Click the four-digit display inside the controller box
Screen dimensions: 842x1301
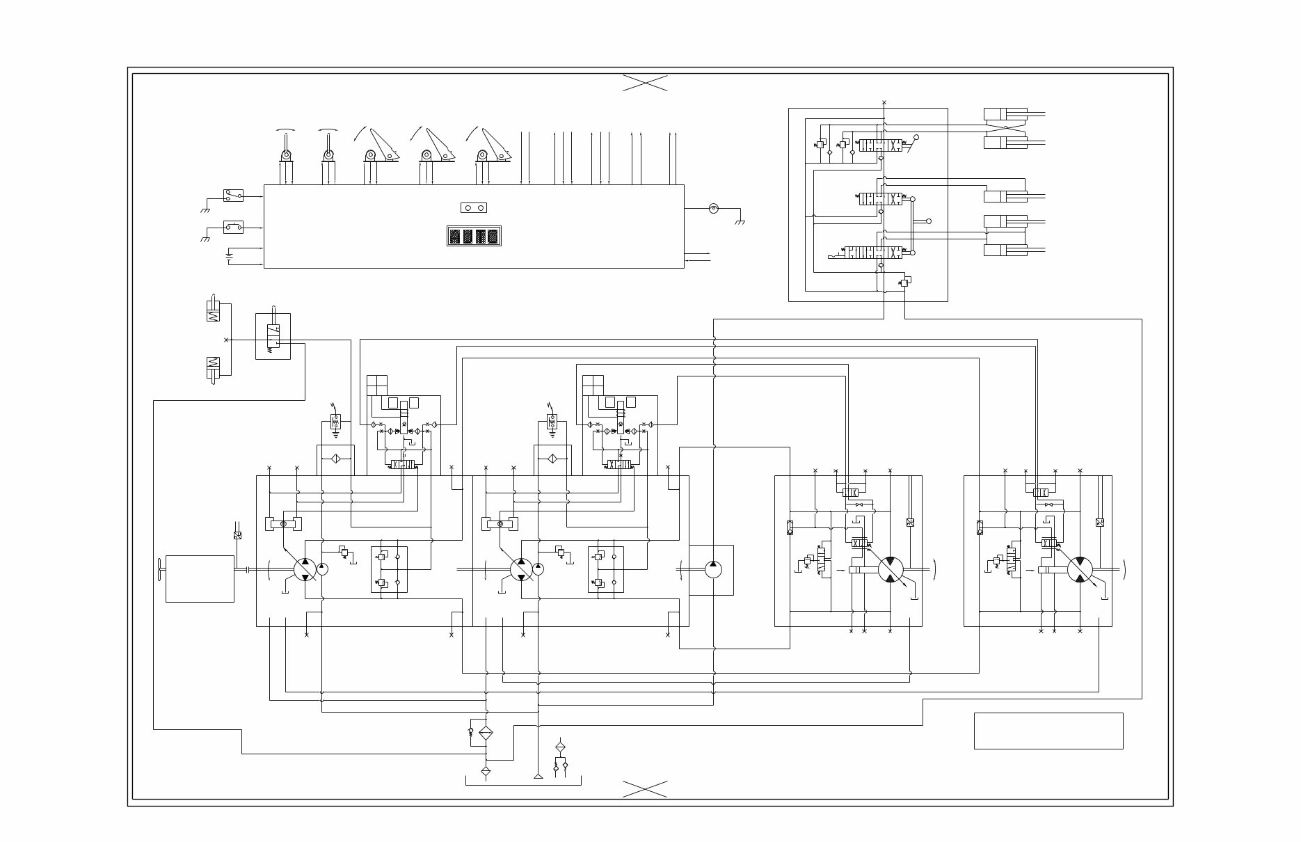point(474,236)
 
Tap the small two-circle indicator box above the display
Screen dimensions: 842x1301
point(474,207)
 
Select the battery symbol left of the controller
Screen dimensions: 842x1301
point(230,255)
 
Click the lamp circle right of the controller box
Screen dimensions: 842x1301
point(713,208)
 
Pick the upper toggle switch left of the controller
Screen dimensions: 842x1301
point(233,196)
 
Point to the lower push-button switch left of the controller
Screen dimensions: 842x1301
point(233,227)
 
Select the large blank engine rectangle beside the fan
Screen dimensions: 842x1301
point(200,578)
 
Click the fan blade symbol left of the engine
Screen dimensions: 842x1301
point(159,569)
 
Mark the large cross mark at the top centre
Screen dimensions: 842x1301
point(645,83)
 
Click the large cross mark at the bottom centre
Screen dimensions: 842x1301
point(645,788)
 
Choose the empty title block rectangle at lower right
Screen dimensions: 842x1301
point(1048,731)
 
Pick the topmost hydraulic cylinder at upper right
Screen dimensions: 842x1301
point(1006,114)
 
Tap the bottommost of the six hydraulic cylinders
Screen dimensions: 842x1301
point(1006,250)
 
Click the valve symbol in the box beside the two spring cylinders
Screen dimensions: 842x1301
point(273,336)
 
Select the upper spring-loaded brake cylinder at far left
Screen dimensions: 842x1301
point(214,310)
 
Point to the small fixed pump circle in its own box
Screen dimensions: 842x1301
point(713,569)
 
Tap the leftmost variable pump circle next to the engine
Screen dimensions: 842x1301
point(305,569)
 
